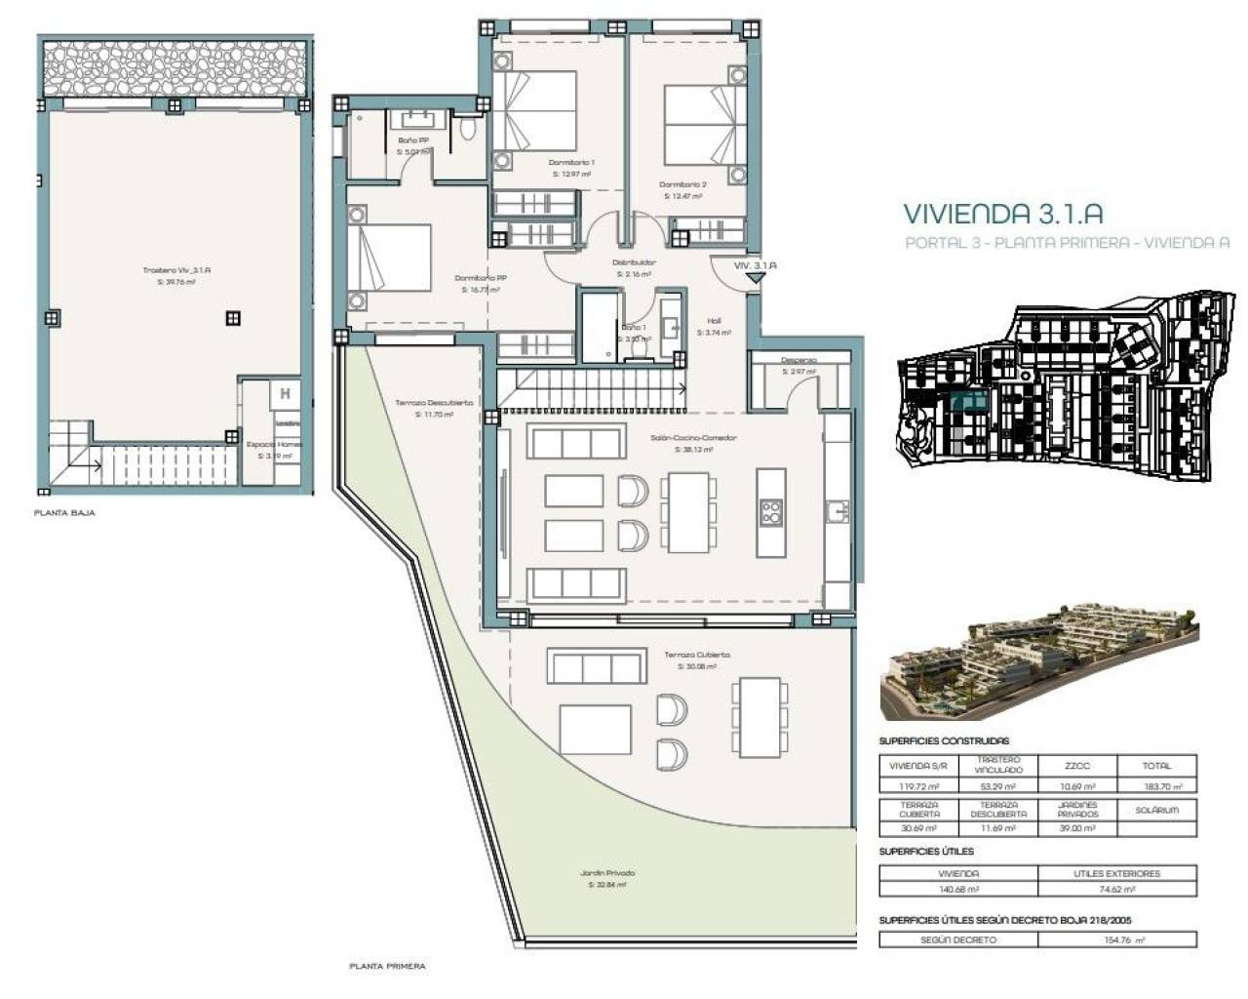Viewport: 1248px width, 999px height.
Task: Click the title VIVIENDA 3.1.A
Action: [x=1003, y=213]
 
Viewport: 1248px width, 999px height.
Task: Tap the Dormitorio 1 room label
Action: [x=571, y=163]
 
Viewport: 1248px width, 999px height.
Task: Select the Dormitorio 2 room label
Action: [x=682, y=185]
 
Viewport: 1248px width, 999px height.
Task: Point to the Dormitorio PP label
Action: [x=480, y=278]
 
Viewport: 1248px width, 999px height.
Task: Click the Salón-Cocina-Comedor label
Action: [x=693, y=438]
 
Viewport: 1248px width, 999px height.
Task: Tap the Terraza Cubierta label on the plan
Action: [x=696, y=656]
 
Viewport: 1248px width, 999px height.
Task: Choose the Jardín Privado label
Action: [x=608, y=873]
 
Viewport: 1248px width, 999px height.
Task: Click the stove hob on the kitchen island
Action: [x=770, y=512]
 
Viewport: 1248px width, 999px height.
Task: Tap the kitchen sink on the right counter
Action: [x=837, y=510]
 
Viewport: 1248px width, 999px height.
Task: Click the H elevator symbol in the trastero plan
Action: [x=285, y=394]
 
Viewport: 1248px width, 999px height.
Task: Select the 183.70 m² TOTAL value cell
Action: [x=1157, y=786]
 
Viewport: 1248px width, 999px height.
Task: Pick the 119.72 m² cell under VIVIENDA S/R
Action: [x=917, y=786]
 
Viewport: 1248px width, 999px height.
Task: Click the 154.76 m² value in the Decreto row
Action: [x=1117, y=939]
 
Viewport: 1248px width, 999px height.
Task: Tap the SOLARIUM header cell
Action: [x=1157, y=810]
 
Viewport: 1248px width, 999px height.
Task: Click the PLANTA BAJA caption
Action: [x=64, y=512]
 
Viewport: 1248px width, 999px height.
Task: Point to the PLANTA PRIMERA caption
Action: [x=387, y=966]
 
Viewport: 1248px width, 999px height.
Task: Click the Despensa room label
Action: [x=799, y=360]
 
